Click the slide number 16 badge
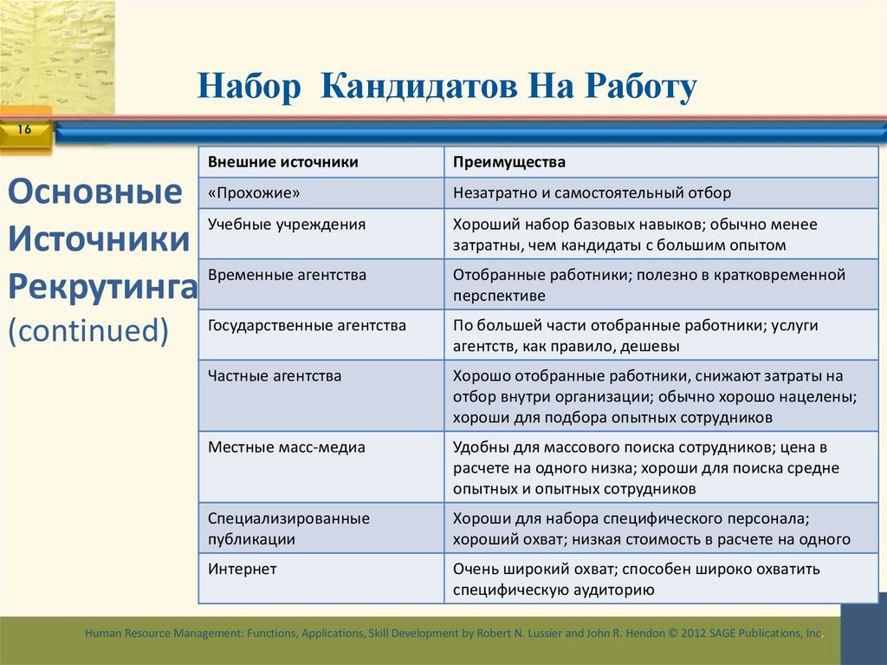pyautogui.click(x=23, y=130)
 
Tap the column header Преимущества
pyautogui.click(x=509, y=162)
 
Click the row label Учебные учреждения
pyautogui.click(x=287, y=224)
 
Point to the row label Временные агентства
pyautogui.click(x=287, y=275)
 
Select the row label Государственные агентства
pyautogui.click(x=307, y=326)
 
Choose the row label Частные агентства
pyautogui.click(x=275, y=376)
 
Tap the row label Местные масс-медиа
pyautogui.click(x=287, y=447)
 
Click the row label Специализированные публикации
pyautogui.click(x=288, y=528)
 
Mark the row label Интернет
pyautogui.click(x=243, y=570)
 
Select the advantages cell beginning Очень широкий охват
pyautogui.click(x=636, y=580)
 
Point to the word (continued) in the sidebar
pyautogui.click(x=87, y=329)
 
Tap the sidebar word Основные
pyautogui.click(x=95, y=192)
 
